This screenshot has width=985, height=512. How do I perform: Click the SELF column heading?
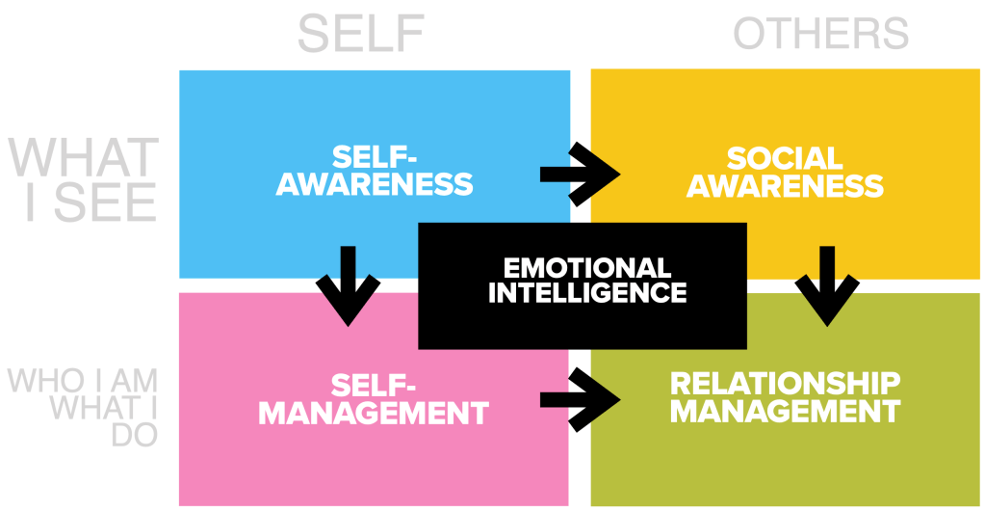pyautogui.click(x=361, y=34)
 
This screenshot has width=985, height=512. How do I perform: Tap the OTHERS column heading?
pyautogui.click(x=820, y=34)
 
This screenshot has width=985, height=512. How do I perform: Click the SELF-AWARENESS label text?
pyautogui.click(x=375, y=171)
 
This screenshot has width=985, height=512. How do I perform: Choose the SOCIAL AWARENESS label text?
pyautogui.click(x=785, y=171)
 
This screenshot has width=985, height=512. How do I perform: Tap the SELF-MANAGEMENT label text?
pyautogui.click(x=374, y=399)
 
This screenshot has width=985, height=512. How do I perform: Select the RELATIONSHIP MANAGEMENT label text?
pyautogui.click(x=785, y=397)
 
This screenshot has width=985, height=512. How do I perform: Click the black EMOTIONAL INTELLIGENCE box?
pyautogui.click(x=582, y=284)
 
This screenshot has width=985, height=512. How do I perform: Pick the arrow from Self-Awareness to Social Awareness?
pyautogui.click(x=580, y=174)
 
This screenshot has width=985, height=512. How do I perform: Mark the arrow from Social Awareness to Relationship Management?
pyautogui.click(x=825, y=285)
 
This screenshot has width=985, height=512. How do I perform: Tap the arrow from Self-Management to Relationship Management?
pyautogui.click(x=580, y=398)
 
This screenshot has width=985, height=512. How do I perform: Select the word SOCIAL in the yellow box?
pyautogui.click(x=785, y=157)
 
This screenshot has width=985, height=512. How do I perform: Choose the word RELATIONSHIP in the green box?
pyautogui.click(x=785, y=384)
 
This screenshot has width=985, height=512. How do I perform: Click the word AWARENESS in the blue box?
pyautogui.click(x=375, y=184)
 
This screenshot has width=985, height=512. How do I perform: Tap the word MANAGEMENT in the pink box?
pyautogui.click(x=374, y=414)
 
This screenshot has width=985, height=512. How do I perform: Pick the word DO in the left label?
pyautogui.click(x=134, y=435)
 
